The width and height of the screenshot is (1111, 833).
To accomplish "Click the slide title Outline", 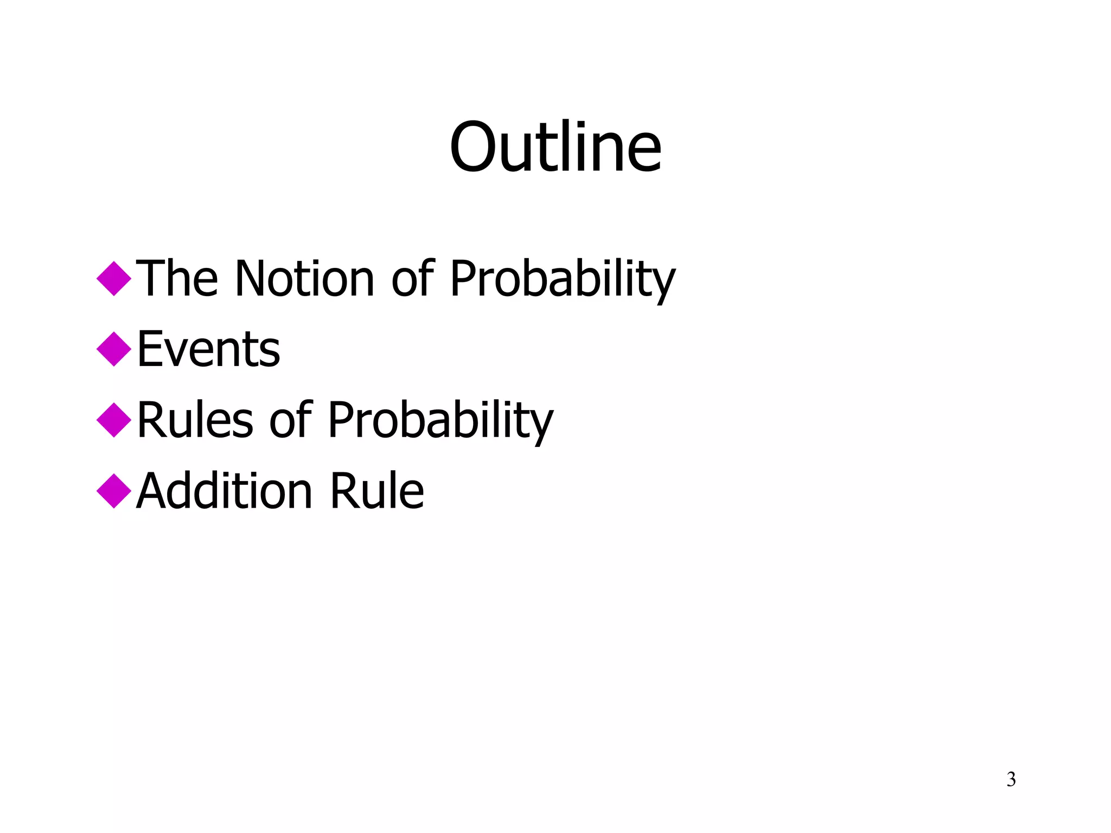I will pos(555,147).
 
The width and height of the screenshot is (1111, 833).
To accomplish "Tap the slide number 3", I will pos(1011,779).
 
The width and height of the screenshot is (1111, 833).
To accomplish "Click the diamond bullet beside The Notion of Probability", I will pos(114,279).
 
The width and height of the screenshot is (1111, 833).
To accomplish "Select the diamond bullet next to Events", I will pos(114,349).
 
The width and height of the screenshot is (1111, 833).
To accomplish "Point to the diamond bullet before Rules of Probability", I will pos(114,420).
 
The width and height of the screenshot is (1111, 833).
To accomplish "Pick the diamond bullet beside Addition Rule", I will pos(114,491).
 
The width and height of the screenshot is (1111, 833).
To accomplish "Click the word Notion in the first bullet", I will pos(304,279).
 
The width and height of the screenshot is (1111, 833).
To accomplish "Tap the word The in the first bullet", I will pos(177,279).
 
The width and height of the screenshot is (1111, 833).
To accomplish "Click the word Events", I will pos(209,349).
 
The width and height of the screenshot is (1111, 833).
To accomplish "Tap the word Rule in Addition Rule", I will pos(377,491).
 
